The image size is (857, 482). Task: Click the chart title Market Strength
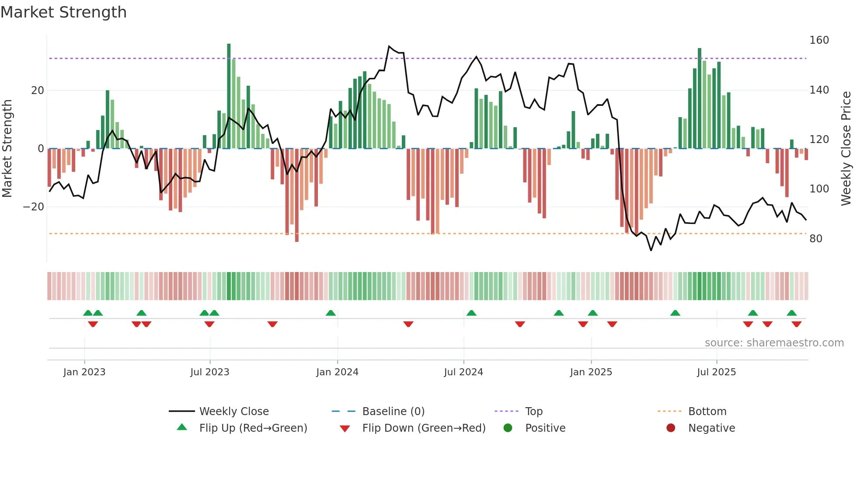coord(63,12)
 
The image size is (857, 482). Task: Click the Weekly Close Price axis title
coord(846,149)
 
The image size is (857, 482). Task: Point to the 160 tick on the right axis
coord(819,40)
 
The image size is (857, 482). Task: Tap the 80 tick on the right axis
coord(816,239)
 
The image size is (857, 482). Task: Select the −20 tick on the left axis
coord(34,207)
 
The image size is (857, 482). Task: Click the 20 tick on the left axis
coord(38,91)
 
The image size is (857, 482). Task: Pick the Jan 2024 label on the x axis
coord(337,372)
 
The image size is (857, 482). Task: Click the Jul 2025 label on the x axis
coord(716,372)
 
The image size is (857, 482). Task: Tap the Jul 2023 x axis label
coord(209,372)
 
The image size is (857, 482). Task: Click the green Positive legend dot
coord(508,428)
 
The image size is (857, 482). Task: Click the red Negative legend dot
coord(671,428)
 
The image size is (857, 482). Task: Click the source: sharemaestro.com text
coord(774,343)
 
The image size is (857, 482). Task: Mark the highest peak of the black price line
coord(389,46)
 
